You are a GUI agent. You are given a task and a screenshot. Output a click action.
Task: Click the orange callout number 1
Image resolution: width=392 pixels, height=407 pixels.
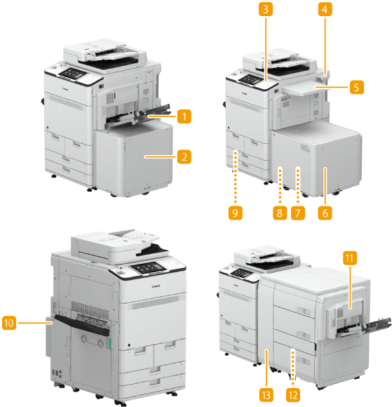pos(184,116)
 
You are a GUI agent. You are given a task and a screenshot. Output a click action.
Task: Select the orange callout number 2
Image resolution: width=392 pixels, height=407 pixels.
pos(184,156)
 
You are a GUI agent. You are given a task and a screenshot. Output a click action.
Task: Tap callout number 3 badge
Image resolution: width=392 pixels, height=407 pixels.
pos(266,9)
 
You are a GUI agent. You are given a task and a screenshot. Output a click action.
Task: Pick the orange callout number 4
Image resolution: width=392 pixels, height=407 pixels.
pos(325,9)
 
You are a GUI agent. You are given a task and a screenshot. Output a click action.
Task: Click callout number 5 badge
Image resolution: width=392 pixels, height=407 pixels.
pos(357,87)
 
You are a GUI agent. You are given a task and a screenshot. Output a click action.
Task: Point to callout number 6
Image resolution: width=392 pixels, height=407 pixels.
pos(325,213)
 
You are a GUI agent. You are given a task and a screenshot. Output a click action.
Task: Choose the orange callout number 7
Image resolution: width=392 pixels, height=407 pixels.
pos(298,213)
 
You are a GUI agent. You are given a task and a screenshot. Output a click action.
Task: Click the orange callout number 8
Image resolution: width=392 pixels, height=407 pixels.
pos(280,213)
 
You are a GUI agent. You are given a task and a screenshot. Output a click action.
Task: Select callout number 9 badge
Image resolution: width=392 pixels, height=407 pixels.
pos(236,213)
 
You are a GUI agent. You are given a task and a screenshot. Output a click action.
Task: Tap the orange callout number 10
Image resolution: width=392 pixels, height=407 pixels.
pos(9,323)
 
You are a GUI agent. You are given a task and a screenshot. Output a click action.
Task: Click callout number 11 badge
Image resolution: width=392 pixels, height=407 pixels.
pos(350,258)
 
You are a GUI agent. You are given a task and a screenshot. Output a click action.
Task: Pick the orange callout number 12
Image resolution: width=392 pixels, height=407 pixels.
pos(293,396)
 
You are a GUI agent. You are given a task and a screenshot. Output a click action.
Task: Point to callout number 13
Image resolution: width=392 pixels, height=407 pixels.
pos(266,396)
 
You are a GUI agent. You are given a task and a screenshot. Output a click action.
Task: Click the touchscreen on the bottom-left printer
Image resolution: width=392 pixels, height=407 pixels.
pos(149,267)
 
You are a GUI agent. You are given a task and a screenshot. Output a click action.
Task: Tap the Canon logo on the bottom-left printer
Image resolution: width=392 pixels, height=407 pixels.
pos(156,286)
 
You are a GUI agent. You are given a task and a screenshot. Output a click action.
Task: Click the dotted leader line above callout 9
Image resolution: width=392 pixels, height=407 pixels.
pos(236,177)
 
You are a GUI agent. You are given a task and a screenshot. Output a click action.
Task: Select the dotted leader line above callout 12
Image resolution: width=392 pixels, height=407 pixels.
pos(293,367)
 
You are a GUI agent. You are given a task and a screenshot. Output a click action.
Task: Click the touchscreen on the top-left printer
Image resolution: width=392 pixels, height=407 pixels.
pos(73,73)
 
